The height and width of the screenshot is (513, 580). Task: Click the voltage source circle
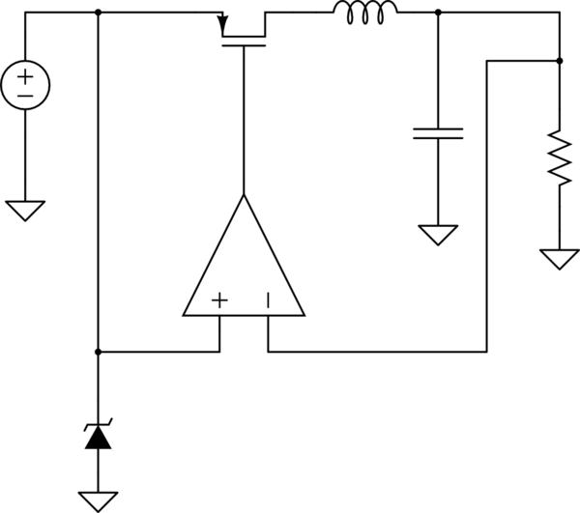(x=25, y=85)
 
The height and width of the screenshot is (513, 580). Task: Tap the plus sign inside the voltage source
(x=25, y=75)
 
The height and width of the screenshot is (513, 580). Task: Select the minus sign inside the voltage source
(x=25, y=96)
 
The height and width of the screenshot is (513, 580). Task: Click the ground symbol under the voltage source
(x=25, y=209)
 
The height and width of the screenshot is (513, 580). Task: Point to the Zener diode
(x=98, y=438)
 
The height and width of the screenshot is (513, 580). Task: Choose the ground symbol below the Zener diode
(x=98, y=500)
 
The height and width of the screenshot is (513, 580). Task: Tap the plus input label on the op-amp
(x=219, y=300)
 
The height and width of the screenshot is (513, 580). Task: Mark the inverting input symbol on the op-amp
(x=268, y=300)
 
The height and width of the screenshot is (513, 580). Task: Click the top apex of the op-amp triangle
(x=244, y=195)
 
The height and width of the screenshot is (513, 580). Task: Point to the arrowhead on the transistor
(x=223, y=19)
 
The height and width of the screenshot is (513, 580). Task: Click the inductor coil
(x=364, y=11)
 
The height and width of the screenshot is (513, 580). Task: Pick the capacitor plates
(x=438, y=133)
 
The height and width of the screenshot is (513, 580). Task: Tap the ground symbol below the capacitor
(x=438, y=235)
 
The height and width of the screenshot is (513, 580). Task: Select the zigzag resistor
(x=559, y=157)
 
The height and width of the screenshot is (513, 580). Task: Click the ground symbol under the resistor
(x=559, y=258)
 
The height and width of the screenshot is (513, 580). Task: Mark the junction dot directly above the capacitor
(x=438, y=14)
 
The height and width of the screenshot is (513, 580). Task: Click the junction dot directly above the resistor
(x=559, y=61)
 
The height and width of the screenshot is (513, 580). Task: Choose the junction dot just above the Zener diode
(x=98, y=352)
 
